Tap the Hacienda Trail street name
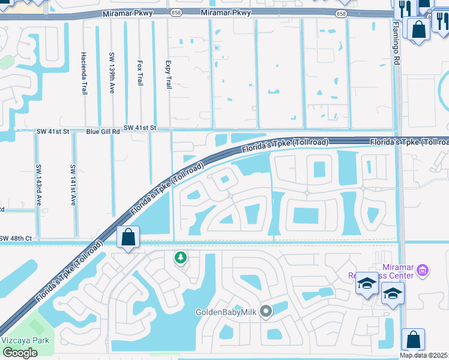[x=83, y=73]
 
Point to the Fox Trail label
[x=140, y=73]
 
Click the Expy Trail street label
[x=168, y=74]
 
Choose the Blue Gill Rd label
[x=103, y=131]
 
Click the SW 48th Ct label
[x=16, y=238]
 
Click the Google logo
[x=20, y=353]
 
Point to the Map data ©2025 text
[x=424, y=355]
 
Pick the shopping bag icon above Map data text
[x=413, y=339]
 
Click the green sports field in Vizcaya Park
[x=36, y=326]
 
